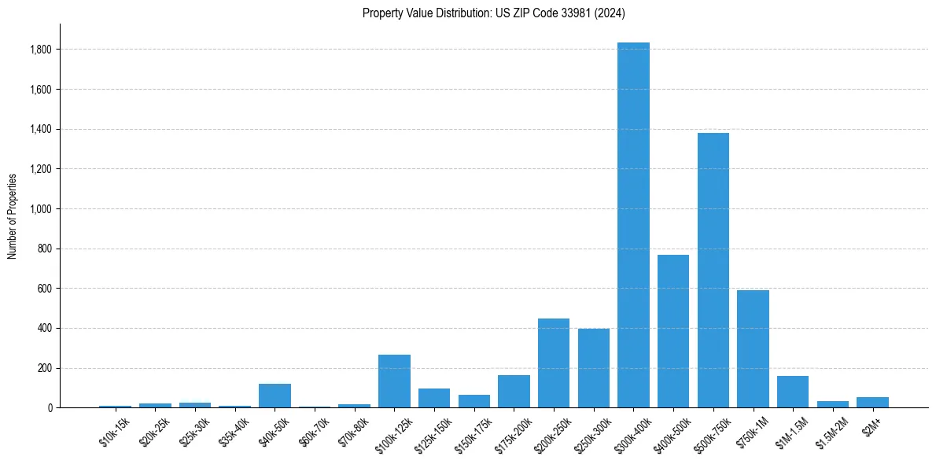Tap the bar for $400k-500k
tap(673, 331)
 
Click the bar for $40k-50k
tap(275, 396)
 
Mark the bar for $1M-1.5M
tap(793, 392)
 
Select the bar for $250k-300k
tap(594, 368)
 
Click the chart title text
tap(494, 13)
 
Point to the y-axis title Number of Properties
tap(13, 216)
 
